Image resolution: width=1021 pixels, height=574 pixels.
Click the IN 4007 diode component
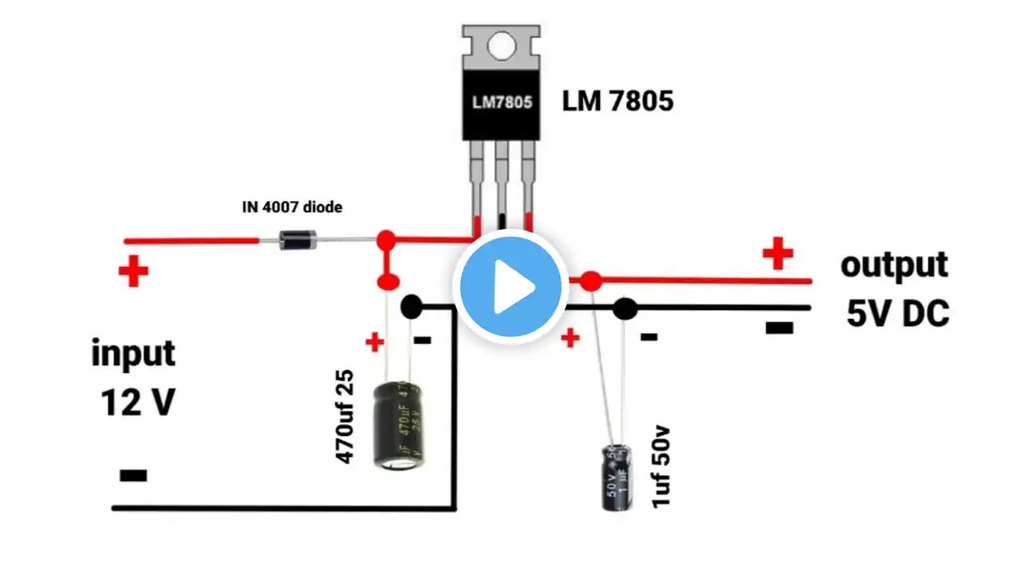pyautogui.click(x=293, y=239)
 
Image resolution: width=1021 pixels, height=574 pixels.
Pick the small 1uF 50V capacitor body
pyautogui.click(x=617, y=477)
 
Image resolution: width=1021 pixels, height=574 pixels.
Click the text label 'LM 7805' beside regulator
pyautogui.click(x=617, y=101)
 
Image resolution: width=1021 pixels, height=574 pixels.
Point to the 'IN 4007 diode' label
pyautogui.click(x=292, y=207)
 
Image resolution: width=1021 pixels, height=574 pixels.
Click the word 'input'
pyautogui.click(x=133, y=352)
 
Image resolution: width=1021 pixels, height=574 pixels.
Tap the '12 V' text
pyautogui.click(x=136, y=403)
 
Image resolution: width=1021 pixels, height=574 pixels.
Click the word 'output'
pyautogui.click(x=894, y=265)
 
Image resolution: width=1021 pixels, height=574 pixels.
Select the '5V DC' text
pyautogui.click(x=897, y=315)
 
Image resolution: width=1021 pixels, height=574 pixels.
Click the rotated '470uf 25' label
pyautogui.click(x=345, y=417)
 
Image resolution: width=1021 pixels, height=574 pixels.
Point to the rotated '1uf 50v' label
pyautogui.click(x=661, y=467)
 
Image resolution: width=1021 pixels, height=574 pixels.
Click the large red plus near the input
pyautogui.click(x=133, y=272)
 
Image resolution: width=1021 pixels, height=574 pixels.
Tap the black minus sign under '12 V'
pyautogui.click(x=133, y=476)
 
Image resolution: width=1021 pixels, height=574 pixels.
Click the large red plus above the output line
pyautogui.click(x=778, y=255)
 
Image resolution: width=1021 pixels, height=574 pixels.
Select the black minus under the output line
pyautogui.click(x=779, y=326)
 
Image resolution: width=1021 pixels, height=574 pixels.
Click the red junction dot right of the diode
pyautogui.click(x=386, y=238)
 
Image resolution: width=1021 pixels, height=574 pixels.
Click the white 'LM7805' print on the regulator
pyautogui.click(x=500, y=103)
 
